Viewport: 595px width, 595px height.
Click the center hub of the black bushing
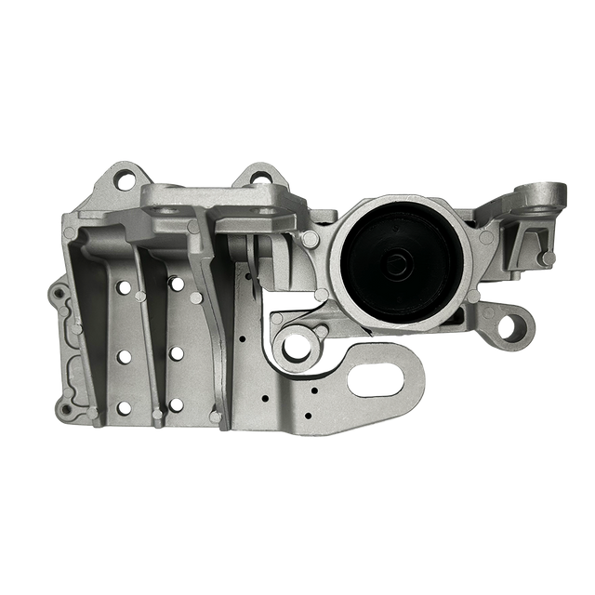coord(398,263)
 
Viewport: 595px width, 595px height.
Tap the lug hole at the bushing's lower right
coord(508,326)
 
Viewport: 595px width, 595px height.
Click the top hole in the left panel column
coord(123,288)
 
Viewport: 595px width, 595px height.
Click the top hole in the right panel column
coord(175,280)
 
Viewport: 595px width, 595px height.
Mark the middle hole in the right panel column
coord(175,352)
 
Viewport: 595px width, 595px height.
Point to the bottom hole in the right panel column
coord(175,404)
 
